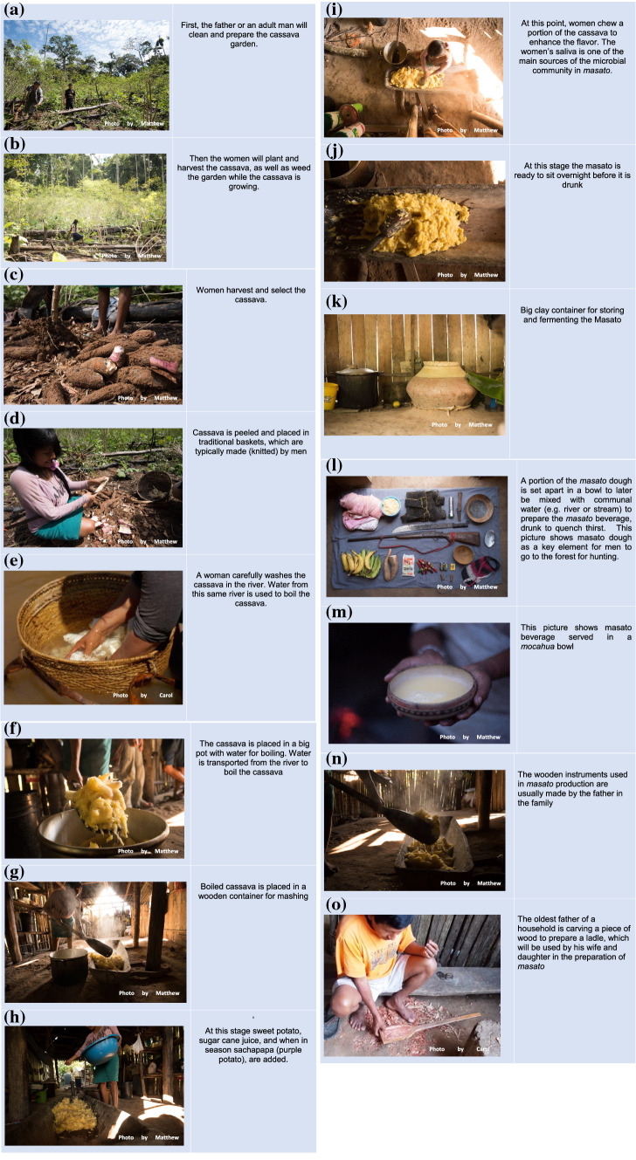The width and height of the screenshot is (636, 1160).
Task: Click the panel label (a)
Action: click(13, 10)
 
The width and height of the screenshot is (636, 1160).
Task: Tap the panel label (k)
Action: click(335, 302)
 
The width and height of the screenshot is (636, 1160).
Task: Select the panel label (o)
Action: click(335, 905)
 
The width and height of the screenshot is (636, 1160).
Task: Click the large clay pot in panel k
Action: click(441, 385)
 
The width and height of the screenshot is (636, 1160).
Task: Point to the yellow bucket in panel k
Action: click(331, 395)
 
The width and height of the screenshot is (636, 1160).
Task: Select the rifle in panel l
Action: click(415, 538)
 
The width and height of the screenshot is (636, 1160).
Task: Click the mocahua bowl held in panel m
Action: click(430, 690)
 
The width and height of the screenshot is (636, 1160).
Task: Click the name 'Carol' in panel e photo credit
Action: click(166, 695)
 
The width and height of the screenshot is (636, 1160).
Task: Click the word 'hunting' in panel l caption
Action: click(604, 557)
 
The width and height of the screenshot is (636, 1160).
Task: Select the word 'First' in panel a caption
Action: click(190, 24)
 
